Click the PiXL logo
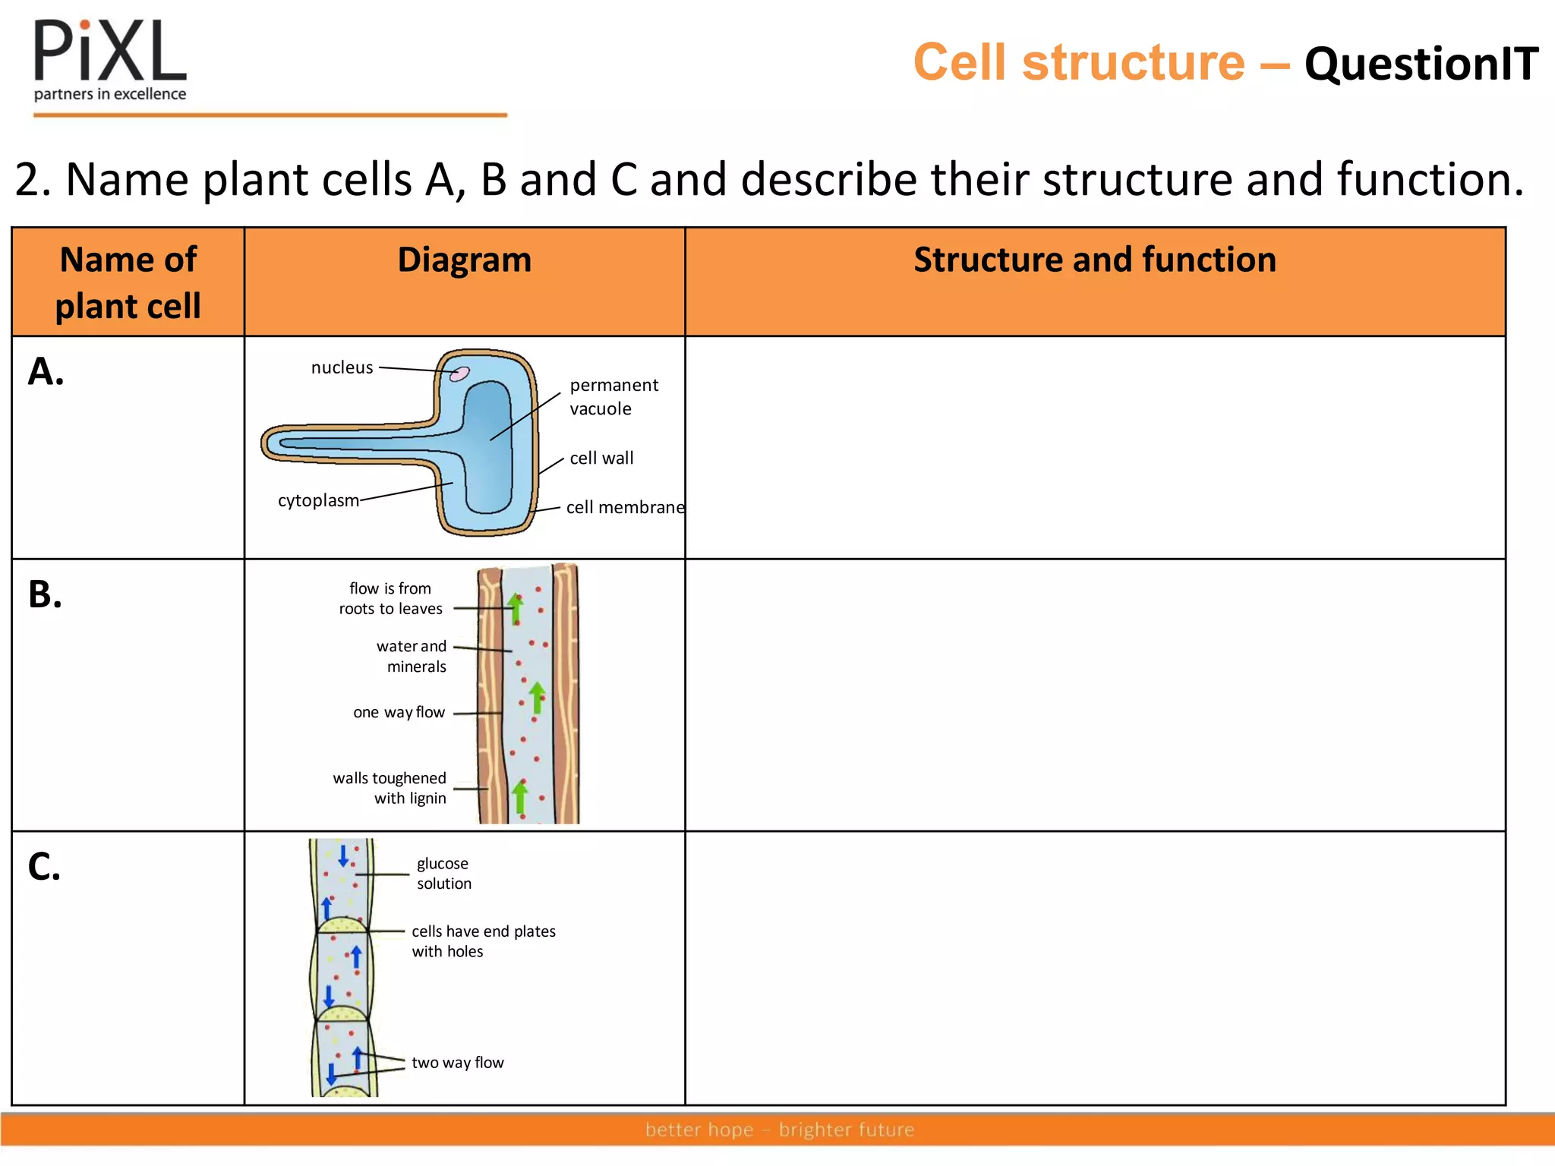(x=110, y=61)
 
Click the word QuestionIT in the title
(x=1421, y=64)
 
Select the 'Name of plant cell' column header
(x=128, y=282)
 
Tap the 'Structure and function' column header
(x=1094, y=260)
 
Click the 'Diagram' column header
(x=464, y=260)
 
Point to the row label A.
(x=46, y=372)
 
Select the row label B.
(x=45, y=594)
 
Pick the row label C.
(x=44, y=866)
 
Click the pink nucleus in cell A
(x=459, y=373)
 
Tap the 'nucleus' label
(x=342, y=367)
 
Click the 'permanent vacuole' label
(x=613, y=396)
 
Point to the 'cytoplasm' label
(x=318, y=500)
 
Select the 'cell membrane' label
(x=625, y=507)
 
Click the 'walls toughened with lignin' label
(x=390, y=788)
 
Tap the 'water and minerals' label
(x=412, y=656)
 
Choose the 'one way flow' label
(x=399, y=712)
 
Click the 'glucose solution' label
(x=443, y=873)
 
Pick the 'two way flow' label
(x=457, y=1063)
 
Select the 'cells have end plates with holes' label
(x=483, y=941)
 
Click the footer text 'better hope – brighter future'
(x=779, y=1130)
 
